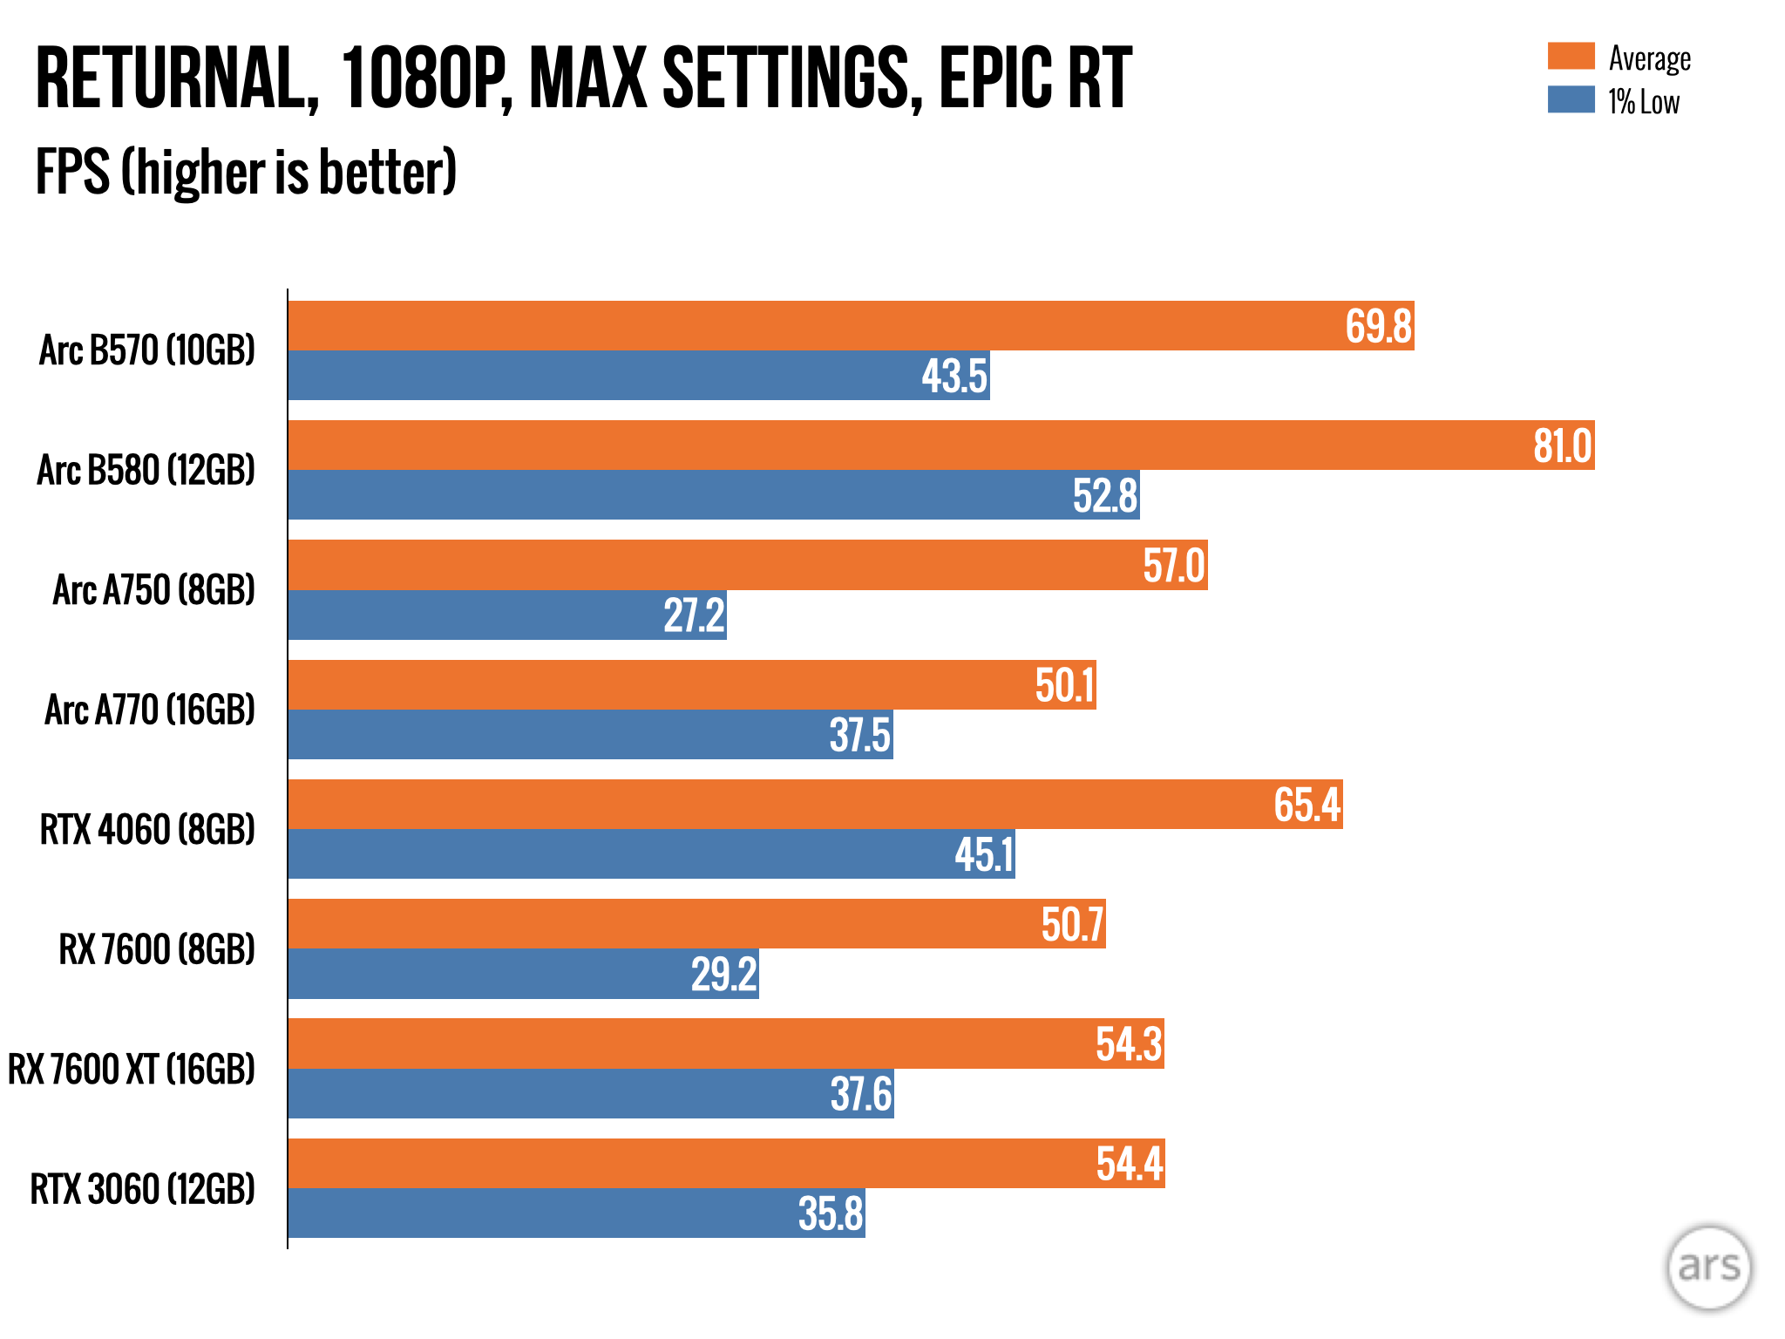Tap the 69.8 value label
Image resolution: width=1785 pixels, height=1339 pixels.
pyautogui.click(x=1378, y=327)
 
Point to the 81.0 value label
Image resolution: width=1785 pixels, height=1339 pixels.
pyautogui.click(x=1562, y=446)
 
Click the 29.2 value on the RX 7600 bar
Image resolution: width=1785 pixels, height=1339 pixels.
pyautogui.click(x=723, y=975)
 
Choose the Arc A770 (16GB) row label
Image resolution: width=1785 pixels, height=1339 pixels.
pyautogui.click(x=150, y=710)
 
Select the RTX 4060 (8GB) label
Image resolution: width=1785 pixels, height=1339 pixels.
pyautogui.click(x=147, y=829)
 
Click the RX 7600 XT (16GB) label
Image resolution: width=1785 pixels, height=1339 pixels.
pyautogui.click(x=132, y=1069)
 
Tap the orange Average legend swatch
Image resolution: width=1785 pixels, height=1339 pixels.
pyautogui.click(x=1571, y=56)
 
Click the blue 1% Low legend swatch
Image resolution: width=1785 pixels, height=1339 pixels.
pyautogui.click(x=1571, y=99)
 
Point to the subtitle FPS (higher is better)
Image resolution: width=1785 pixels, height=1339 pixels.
pyautogui.click(x=246, y=172)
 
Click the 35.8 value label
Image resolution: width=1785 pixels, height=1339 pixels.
pyautogui.click(x=831, y=1213)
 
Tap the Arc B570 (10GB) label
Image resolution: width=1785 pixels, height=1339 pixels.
pyautogui.click(x=147, y=350)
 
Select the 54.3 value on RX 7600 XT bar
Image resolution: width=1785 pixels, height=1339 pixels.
pyautogui.click(x=1129, y=1044)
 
